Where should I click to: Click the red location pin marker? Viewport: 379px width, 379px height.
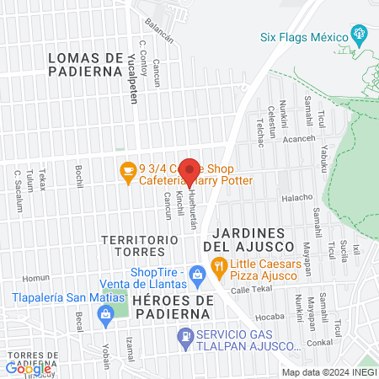point(189,171)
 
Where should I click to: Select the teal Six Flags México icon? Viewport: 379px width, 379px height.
point(361,35)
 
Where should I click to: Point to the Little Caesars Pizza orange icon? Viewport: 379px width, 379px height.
point(219,269)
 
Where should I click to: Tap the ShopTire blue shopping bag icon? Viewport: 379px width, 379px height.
point(196,273)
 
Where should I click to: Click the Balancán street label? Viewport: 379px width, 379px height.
point(158,31)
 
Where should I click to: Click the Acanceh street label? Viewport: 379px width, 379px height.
point(298,139)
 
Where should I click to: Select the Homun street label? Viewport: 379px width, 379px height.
point(36,277)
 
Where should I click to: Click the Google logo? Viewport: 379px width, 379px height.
point(28,368)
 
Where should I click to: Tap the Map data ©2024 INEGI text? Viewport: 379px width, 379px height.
point(328,372)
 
